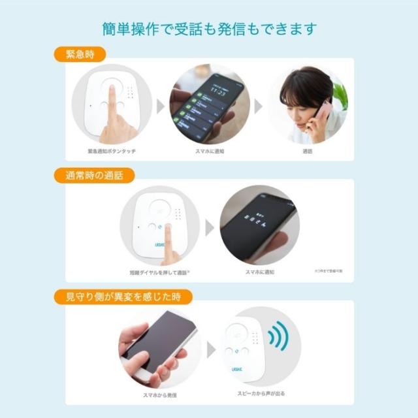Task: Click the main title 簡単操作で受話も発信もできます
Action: [x=209, y=29]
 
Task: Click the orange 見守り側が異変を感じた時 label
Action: [x=123, y=296]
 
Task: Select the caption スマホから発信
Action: [x=160, y=395]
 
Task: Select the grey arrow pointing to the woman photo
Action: [x=259, y=106]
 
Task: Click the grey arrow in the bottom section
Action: [x=211, y=350]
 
